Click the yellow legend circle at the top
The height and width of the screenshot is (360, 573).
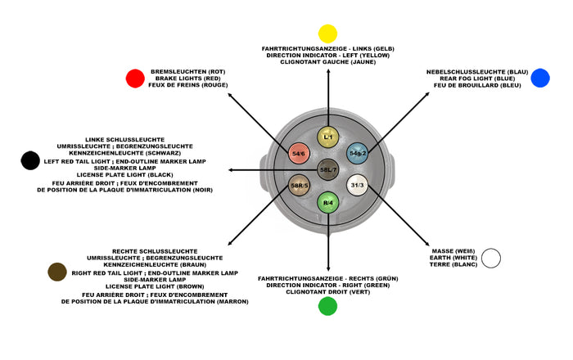pyautogui.click(x=327, y=34)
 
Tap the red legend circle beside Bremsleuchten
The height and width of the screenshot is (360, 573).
pyautogui.click(x=135, y=79)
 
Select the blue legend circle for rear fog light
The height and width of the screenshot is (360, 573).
pyautogui.click(x=540, y=79)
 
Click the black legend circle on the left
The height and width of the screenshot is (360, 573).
pyautogui.click(x=30, y=160)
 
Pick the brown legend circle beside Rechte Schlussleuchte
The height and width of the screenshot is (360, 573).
pyautogui.click(x=57, y=272)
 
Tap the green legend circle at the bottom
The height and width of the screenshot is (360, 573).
pyautogui.click(x=327, y=306)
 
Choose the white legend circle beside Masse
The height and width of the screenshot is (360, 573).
pyautogui.click(x=491, y=259)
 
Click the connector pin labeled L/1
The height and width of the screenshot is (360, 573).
pyautogui.click(x=327, y=137)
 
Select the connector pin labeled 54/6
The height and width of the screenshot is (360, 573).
pyautogui.click(x=299, y=153)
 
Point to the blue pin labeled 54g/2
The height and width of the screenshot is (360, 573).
pyautogui.click(x=358, y=153)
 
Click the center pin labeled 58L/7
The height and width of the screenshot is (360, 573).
pyautogui.click(x=328, y=169)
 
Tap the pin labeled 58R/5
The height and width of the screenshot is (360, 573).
pyautogui.click(x=299, y=186)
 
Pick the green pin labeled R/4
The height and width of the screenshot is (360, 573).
pyautogui.click(x=327, y=201)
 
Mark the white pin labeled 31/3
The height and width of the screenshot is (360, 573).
pyautogui.click(x=357, y=186)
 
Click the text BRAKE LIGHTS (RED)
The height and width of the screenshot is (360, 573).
pyautogui.click(x=188, y=79)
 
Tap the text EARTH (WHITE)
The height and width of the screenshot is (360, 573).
pyautogui.click(x=453, y=258)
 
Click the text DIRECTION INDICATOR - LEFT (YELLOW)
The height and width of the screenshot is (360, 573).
pyautogui.click(x=327, y=56)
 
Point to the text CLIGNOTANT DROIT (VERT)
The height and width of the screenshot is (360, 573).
pyautogui.click(x=327, y=292)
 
